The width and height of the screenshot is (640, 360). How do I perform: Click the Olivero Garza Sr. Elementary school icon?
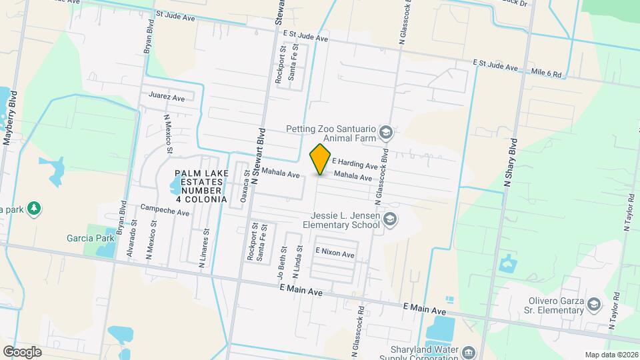(592, 305)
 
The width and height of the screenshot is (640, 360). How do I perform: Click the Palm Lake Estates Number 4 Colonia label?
(201, 186)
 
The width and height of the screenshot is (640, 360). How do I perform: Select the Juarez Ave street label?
(167, 97)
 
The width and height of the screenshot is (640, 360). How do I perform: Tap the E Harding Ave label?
(355, 164)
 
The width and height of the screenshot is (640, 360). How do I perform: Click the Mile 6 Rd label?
(547, 72)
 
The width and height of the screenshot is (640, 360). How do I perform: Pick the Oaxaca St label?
(246, 184)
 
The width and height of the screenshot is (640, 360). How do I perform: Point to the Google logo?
(22, 351)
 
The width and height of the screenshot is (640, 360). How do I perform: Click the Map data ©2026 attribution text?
(611, 355)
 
